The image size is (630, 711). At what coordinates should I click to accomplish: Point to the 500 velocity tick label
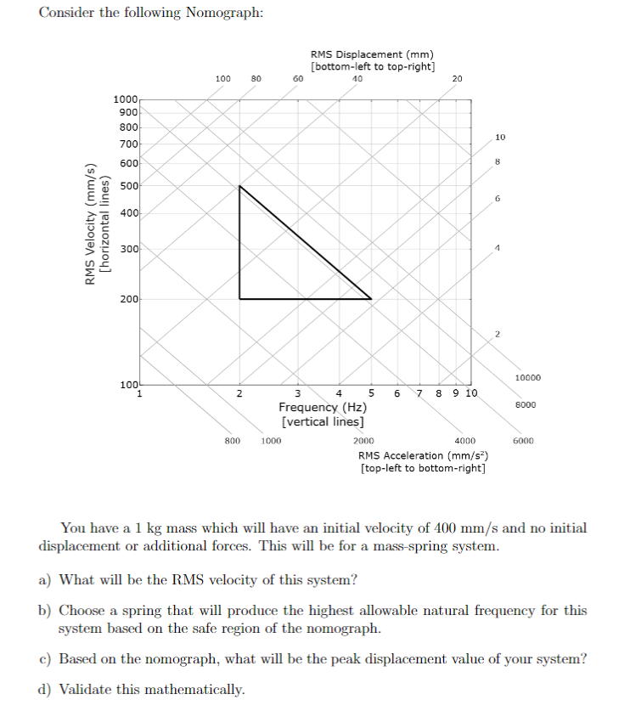130,186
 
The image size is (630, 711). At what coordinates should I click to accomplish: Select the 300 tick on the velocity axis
130,249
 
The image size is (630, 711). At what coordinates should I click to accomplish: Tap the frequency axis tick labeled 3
298,393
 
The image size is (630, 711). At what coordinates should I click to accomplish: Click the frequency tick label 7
418,393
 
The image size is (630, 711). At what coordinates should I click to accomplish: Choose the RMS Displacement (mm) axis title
373,56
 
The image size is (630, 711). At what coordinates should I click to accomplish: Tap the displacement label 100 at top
222,79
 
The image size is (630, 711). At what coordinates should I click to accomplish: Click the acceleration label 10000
527,377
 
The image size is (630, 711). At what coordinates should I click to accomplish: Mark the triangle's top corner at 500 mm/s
239,186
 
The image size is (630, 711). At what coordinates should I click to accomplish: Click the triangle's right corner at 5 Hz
371,299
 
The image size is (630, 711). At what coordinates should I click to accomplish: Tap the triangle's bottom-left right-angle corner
239,299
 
